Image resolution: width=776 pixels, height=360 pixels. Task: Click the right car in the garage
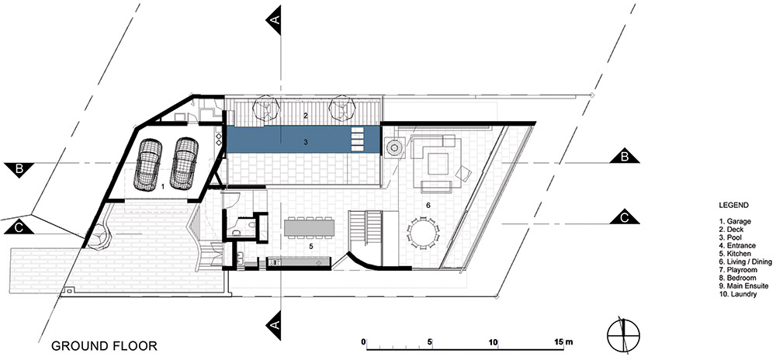(184, 163)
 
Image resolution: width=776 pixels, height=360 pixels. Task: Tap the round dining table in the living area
(423, 233)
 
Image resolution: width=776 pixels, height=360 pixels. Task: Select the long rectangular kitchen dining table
(310, 227)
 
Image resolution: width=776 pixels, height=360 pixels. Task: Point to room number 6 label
(428, 204)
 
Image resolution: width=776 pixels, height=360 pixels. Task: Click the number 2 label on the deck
(306, 116)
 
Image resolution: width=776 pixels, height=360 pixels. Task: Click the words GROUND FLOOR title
(104, 345)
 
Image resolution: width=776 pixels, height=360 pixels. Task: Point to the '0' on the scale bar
(364, 341)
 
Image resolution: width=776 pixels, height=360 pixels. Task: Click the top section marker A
(274, 19)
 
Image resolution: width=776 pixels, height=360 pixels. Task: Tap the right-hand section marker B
(624, 156)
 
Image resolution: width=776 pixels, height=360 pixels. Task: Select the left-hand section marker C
(19, 227)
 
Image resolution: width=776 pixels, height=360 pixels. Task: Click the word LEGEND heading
(733, 205)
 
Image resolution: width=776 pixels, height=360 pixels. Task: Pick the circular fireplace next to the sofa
(395, 147)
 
